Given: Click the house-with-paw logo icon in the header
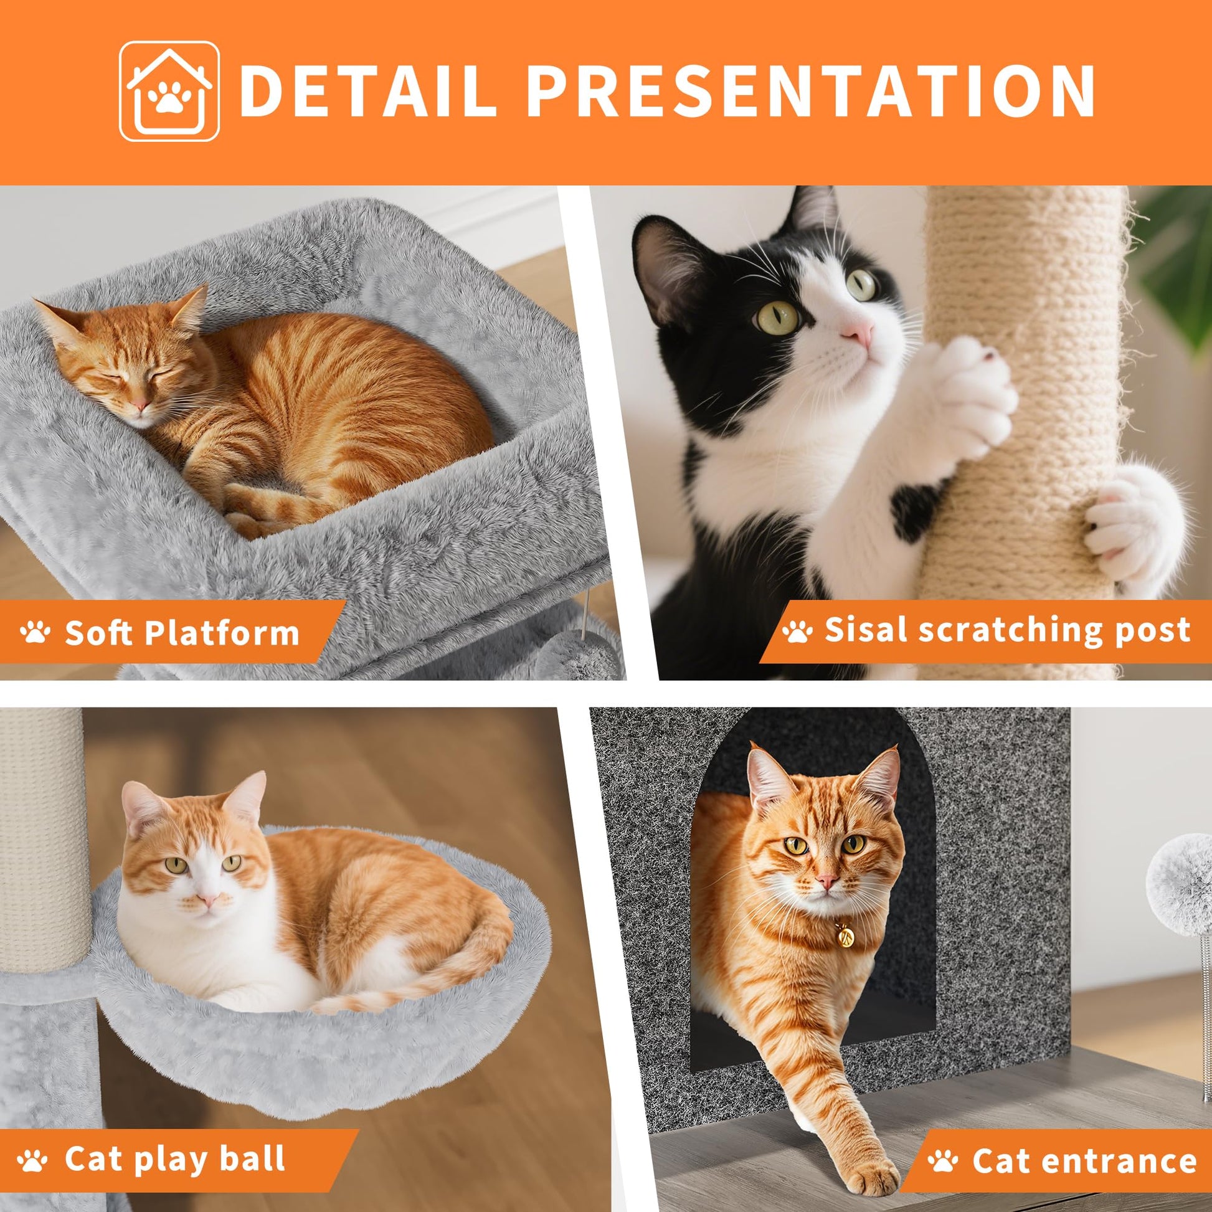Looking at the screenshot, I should click(169, 91).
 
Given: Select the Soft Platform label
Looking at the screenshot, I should click(182, 632).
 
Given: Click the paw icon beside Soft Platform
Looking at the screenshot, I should click(35, 632).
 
